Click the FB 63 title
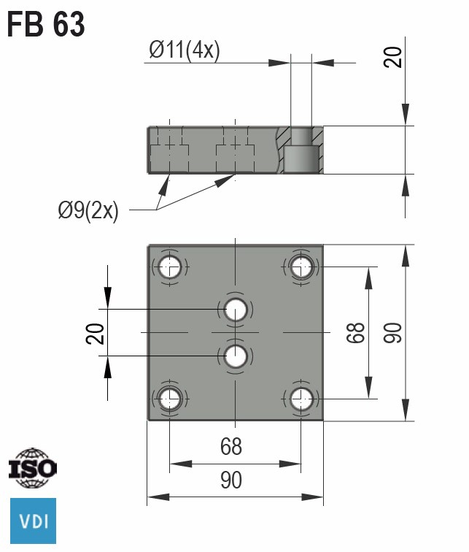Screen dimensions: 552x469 point(46,25)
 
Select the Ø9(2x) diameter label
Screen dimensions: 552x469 point(88,212)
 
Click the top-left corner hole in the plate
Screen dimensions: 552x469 point(170,267)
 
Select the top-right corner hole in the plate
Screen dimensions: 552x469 point(301,267)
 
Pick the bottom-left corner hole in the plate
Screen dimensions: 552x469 point(170,399)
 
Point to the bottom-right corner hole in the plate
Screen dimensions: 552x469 point(301,399)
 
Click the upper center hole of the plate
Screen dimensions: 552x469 point(235,310)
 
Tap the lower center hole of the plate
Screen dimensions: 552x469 point(235,356)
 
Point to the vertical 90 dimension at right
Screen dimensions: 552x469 point(392,333)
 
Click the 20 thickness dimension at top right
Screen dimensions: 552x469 point(393,57)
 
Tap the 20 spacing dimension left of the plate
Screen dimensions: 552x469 point(96,333)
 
